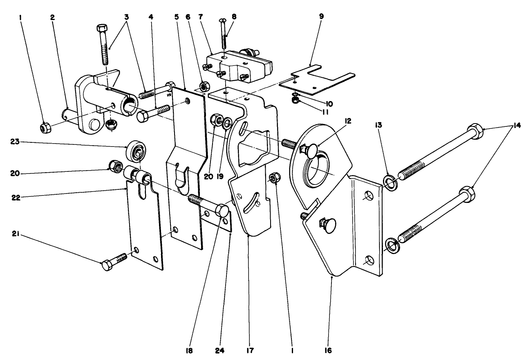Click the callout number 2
52,18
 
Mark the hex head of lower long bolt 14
466,193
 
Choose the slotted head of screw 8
223,18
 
